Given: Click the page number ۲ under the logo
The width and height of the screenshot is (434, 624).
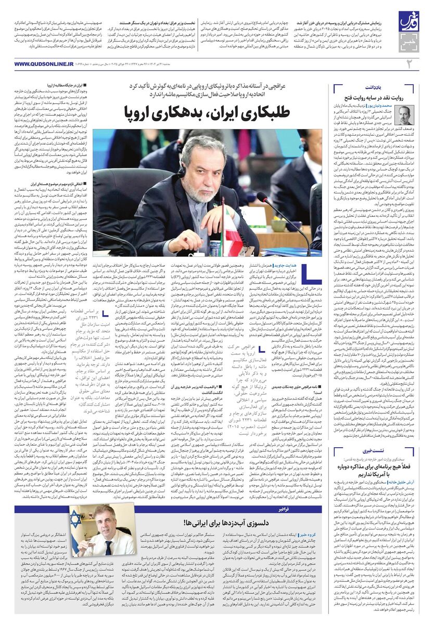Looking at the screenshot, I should click(409, 63).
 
